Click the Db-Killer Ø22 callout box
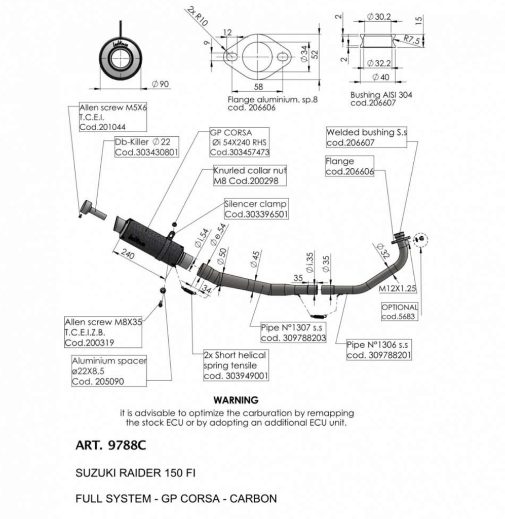tap(146, 146)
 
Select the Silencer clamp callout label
tap(256, 209)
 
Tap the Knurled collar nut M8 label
tap(250, 175)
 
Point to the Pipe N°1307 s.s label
tap(293, 332)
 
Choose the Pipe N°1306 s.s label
tap(379, 350)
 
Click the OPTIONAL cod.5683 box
tap(400, 312)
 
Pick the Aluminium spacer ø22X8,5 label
tap(109, 370)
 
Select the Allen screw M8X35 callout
tap(103, 332)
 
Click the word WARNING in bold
tap(236, 400)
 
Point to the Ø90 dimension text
tap(161, 84)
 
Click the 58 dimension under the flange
tap(258, 87)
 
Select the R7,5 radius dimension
tap(412, 40)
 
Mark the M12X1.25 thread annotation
tap(397, 288)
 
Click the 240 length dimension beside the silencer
tap(127, 254)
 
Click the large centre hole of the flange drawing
tap(257, 57)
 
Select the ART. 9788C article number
tap(111, 445)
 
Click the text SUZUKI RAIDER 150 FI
tap(135, 473)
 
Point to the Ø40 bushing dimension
tap(381, 77)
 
